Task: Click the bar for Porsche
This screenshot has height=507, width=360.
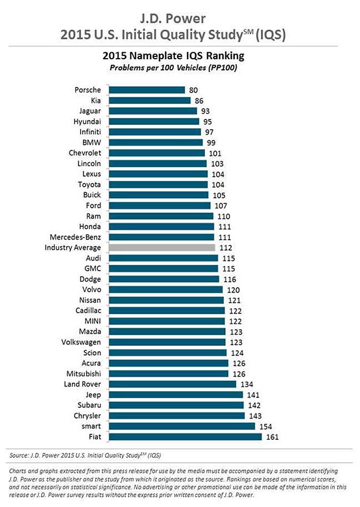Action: pyautogui.click(x=146, y=90)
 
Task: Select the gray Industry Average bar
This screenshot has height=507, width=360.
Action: pyautogui.click(x=161, y=248)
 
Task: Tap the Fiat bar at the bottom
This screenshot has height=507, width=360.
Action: pyautogui.click(x=185, y=437)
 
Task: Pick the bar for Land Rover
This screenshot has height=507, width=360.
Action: pyautogui.click(x=172, y=384)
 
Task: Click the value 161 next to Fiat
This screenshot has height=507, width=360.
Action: pyautogui.click(x=272, y=437)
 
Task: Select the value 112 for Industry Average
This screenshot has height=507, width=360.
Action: pyautogui.click(x=226, y=248)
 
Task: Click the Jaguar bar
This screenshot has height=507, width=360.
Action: pyautogui.click(x=152, y=111)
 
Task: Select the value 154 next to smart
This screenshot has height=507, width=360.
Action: pyautogui.click(x=266, y=426)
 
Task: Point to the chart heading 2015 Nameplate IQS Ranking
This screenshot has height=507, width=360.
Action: pyautogui.click(x=180, y=56)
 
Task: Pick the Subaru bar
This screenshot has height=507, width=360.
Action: pyautogui.click(x=175, y=406)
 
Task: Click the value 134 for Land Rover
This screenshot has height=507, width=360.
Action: pyautogui.click(x=246, y=384)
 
